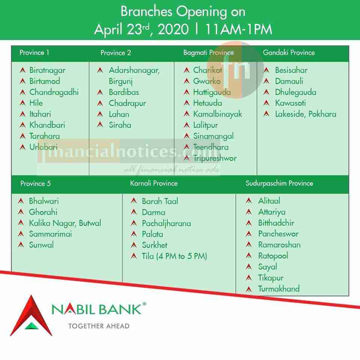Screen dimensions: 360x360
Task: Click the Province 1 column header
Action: click(34, 52)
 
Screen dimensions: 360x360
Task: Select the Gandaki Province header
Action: click(289, 52)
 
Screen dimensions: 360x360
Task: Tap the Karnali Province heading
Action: click(154, 183)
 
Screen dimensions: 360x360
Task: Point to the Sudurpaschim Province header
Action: click(279, 183)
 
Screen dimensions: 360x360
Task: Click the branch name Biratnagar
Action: click(47, 70)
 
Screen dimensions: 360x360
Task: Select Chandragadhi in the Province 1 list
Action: click(54, 92)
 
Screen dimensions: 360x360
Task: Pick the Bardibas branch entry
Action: click(124, 92)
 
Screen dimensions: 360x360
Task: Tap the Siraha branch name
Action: click(120, 125)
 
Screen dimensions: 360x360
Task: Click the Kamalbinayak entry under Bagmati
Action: click(217, 114)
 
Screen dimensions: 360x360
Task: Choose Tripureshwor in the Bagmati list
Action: click(214, 158)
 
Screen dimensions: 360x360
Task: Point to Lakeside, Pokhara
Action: click(306, 114)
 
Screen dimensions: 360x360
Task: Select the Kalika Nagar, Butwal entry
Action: click(65, 223)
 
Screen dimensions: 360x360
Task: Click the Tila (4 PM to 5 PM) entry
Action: click(174, 256)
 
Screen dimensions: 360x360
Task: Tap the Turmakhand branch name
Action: click(279, 289)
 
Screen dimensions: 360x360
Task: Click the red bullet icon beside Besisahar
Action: click(266, 70)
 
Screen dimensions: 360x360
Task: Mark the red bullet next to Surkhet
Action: click(134, 245)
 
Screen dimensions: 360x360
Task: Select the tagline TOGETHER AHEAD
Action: click(99, 326)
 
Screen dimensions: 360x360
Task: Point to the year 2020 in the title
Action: click(173, 29)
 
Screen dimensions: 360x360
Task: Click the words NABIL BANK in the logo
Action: click(96, 309)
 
